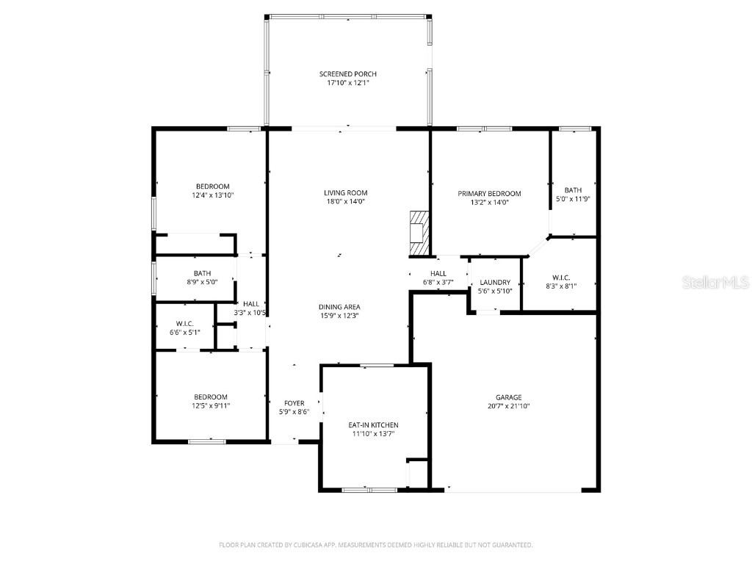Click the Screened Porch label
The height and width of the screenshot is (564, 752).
click(x=348, y=74)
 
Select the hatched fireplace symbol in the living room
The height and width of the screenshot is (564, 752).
click(x=419, y=234)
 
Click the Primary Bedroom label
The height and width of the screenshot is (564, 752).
click(x=489, y=194)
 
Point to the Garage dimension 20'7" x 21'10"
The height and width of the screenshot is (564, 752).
click(x=509, y=406)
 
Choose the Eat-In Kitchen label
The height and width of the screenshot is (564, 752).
click(x=373, y=425)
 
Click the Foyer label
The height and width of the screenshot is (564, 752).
click(x=294, y=403)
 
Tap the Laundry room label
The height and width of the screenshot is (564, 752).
click(x=495, y=283)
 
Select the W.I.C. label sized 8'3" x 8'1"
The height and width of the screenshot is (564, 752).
click(x=561, y=278)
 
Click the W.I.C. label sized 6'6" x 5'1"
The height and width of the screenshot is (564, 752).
click(x=184, y=323)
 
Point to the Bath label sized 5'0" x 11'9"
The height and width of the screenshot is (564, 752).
click(x=573, y=190)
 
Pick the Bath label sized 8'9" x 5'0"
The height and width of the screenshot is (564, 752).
click(x=192, y=273)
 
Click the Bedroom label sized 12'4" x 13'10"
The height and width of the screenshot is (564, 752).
click(x=212, y=187)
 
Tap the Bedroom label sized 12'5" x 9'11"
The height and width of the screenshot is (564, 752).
click(x=211, y=397)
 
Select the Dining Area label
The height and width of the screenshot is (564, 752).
click(x=339, y=307)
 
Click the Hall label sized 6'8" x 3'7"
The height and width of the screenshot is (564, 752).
click(x=438, y=273)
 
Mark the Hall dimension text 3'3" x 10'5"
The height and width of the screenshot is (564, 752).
click(x=250, y=313)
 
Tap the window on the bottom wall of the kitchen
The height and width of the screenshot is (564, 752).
click(x=369, y=489)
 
